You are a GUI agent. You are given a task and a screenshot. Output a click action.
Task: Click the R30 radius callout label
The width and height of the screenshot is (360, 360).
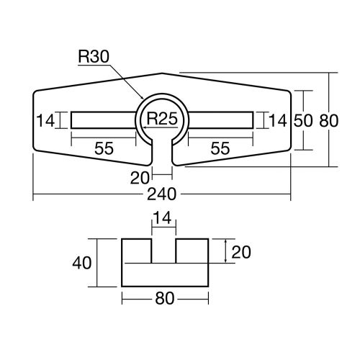click(94, 56)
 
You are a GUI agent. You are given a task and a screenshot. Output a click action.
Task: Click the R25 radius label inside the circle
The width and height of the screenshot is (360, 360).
click(162, 118)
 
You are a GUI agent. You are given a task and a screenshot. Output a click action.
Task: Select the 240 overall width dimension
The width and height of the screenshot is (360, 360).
click(162, 194)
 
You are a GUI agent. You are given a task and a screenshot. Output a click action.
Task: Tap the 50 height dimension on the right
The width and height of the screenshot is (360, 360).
click(303, 120)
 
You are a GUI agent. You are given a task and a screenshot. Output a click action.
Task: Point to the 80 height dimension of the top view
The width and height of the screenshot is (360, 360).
click(329, 120)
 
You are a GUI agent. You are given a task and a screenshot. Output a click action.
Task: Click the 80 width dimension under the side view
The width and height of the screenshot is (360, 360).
click(165, 299)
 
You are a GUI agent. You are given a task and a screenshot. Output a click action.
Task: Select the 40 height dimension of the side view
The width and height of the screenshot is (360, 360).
click(82, 263)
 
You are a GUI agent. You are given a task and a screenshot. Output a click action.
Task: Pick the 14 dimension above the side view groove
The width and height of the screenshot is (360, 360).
click(162, 217)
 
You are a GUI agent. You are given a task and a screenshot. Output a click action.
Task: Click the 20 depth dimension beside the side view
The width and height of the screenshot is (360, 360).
click(241, 252)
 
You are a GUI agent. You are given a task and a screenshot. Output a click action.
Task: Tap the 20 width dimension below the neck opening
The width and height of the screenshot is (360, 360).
click(140, 178)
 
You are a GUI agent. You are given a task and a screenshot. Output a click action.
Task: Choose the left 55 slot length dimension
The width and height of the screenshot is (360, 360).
click(104, 148)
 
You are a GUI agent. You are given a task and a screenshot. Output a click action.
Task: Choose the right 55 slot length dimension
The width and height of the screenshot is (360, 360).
click(220, 148)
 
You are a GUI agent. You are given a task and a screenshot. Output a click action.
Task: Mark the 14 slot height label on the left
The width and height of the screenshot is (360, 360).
click(45, 120)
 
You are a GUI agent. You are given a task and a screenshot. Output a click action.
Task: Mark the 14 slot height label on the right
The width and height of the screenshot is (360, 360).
click(278, 120)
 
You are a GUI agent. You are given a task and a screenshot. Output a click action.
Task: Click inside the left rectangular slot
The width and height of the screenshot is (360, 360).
click(103, 120)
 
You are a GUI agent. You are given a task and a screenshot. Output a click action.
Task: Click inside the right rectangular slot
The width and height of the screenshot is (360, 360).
click(221, 120)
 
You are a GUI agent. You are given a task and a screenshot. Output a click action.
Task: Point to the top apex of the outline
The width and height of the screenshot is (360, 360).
click(162, 73)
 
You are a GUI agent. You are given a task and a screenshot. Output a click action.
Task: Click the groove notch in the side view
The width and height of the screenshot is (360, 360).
click(163, 251)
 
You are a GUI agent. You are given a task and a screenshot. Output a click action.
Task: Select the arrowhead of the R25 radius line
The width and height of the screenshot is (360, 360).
click(144, 127)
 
